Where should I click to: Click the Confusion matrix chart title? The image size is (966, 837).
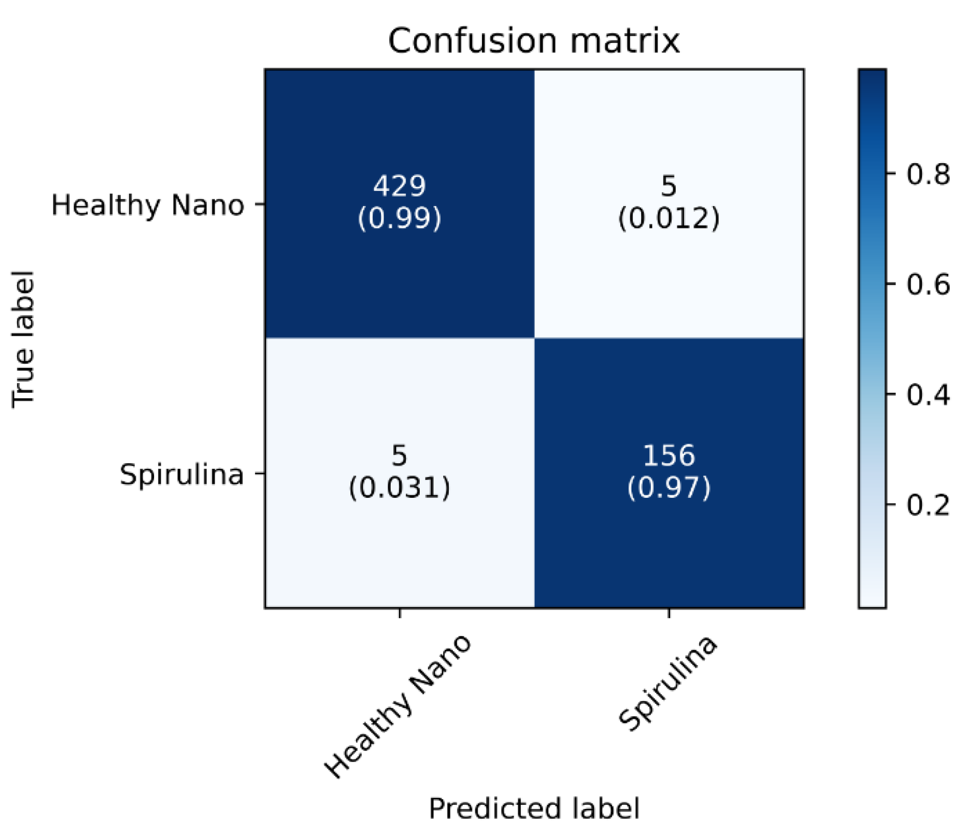point(533,41)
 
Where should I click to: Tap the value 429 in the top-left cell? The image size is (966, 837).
point(399,186)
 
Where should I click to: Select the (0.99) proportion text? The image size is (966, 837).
point(399,218)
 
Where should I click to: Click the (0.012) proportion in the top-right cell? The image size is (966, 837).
point(669,218)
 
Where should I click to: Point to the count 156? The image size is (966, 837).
point(669,455)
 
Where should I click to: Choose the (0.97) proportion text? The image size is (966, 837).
point(669,488)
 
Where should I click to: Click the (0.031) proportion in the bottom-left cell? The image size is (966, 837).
point(399,488)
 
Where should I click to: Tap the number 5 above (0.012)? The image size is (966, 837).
point(669,186)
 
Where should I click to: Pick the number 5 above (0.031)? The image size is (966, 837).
point(399,455)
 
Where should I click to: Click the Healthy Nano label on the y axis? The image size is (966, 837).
point(147,206)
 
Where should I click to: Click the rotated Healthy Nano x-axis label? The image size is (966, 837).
point(398,706)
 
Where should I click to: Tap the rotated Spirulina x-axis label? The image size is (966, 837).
point(668,683)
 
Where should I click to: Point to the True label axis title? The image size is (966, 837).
point(23,339)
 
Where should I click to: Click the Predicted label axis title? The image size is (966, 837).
point(533,808)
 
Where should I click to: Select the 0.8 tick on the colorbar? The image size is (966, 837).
point(928,174)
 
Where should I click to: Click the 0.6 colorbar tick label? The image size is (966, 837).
point(928,284)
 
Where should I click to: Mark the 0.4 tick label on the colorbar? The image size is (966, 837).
point(928,395)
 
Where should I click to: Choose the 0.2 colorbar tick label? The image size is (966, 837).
point(928,505)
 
